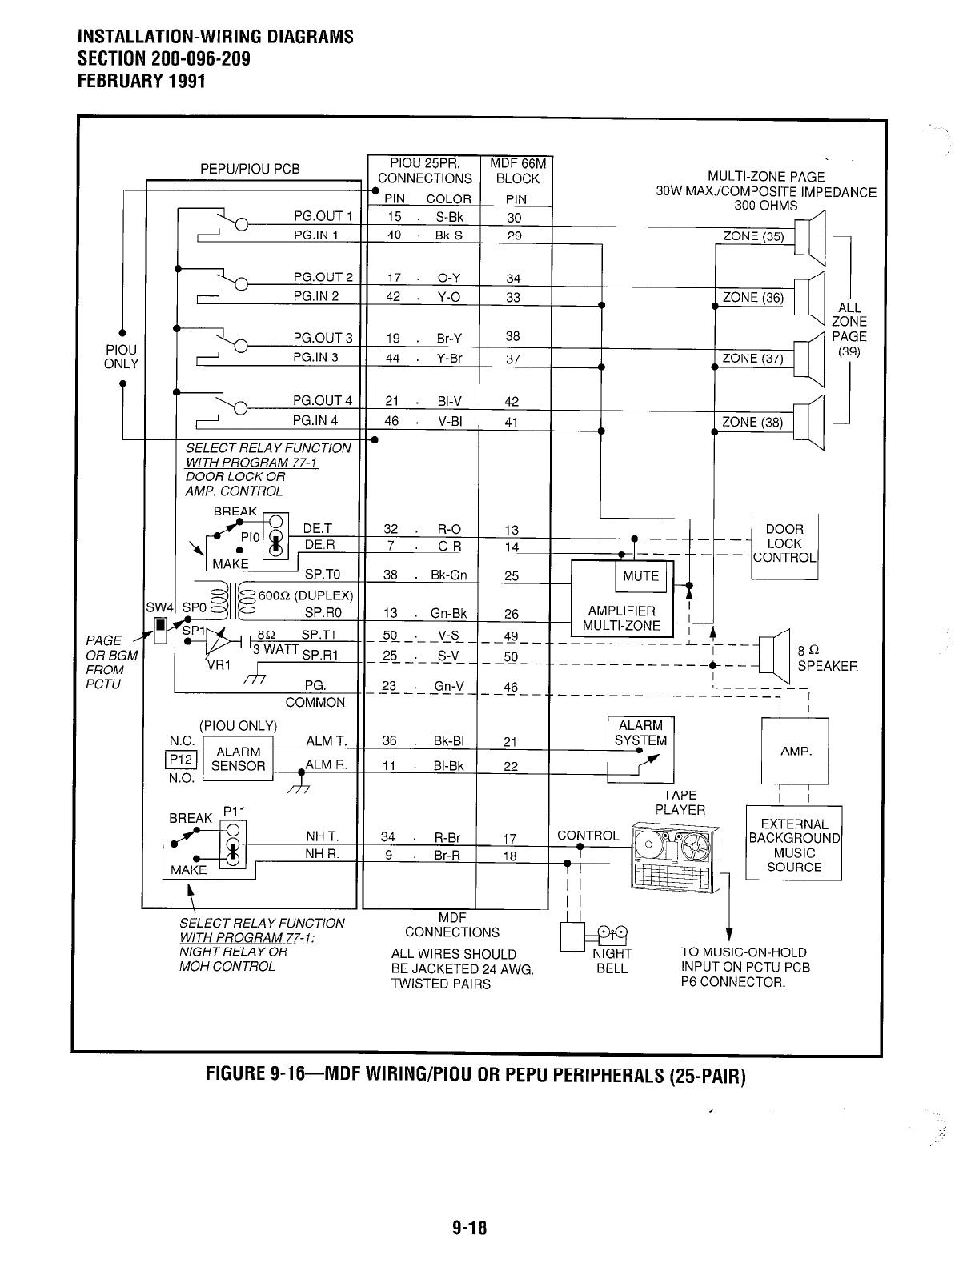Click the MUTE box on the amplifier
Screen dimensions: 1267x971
[640, 576]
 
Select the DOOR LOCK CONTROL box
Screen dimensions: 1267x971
[784, 543]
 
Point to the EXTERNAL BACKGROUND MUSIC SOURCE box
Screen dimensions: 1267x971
[794, 845]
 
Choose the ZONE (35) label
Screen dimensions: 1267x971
[752, 236]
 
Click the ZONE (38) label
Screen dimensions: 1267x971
[752, 423]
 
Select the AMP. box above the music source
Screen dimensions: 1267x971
[795, 752]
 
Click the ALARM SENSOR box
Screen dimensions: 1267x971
[238, 759]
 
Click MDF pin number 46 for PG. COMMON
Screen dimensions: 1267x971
[511, 687]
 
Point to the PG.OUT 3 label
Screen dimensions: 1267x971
[323, 338]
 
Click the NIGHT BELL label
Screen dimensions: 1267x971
[612, 961]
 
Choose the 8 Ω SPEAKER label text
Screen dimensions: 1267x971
[827, 658]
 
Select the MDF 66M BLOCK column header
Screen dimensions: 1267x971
[517, 171]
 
